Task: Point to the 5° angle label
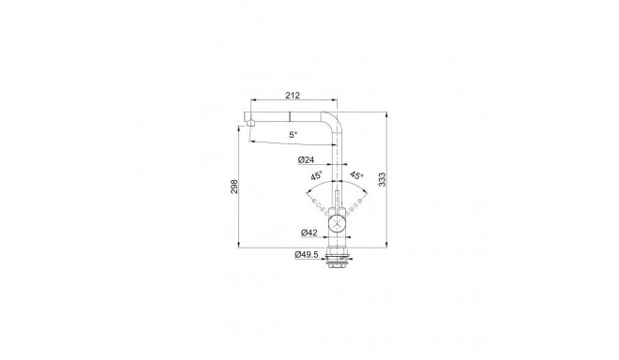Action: [x=294, y=135]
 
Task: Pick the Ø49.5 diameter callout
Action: [x=306, y=254]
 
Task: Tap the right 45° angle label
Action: [x=355, y=175]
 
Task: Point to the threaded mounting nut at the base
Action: [x=338, y=262]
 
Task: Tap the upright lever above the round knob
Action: [x=338, y=198]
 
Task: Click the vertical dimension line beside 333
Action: [x=389, y=187]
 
